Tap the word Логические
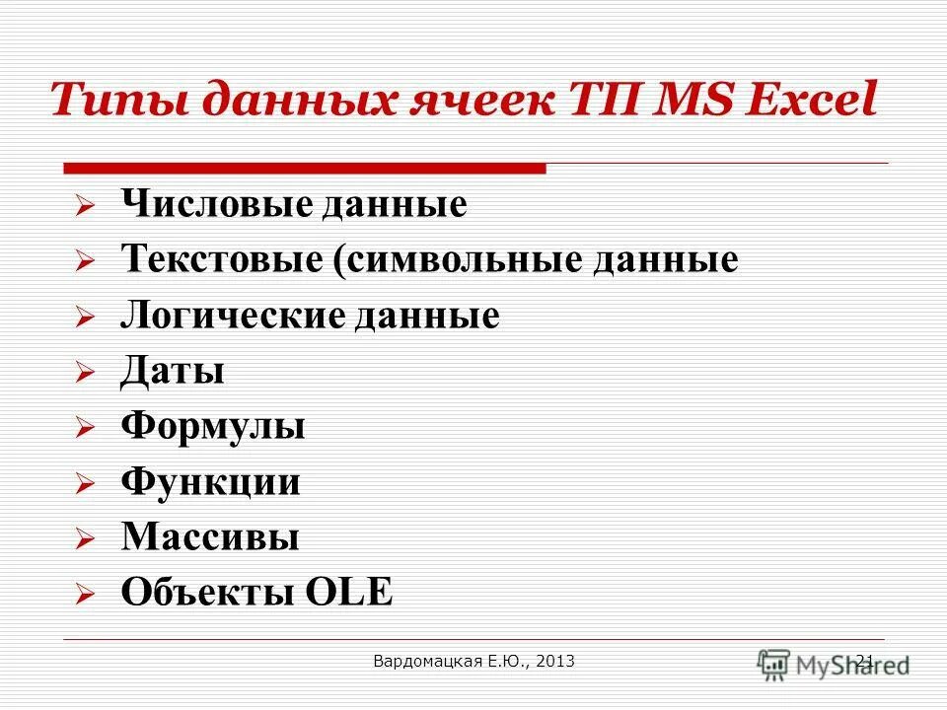pyautogui.click(x=231, y=316)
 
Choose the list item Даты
pyautogui.click(x=173, y=372)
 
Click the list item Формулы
pyautogui.click(x=213, y=427)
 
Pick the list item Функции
pyautogui.click(x=211, y=482)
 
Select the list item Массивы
pyautogui.click(x=210, y=537)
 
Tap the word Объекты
pyautogui.click(x=207, y=593)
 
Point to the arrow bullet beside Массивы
pyautogui.click(x=85, y=540)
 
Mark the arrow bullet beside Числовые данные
pyautogui.click(x=85, y=208)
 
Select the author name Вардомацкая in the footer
pyautogui.click(x=427, y=662)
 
